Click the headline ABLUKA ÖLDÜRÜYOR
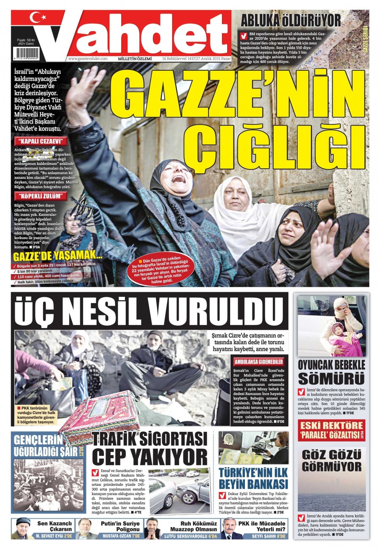click(290, 20)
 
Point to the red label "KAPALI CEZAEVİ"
click(41, 141)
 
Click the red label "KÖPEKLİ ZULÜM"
click(41, 196)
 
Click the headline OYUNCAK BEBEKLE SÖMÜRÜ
click(331, 371)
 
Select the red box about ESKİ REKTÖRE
click(331, 430)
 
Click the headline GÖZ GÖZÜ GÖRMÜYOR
click(331, 460)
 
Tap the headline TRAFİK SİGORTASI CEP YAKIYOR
click(150, 448)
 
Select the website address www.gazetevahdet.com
click(87, 59)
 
